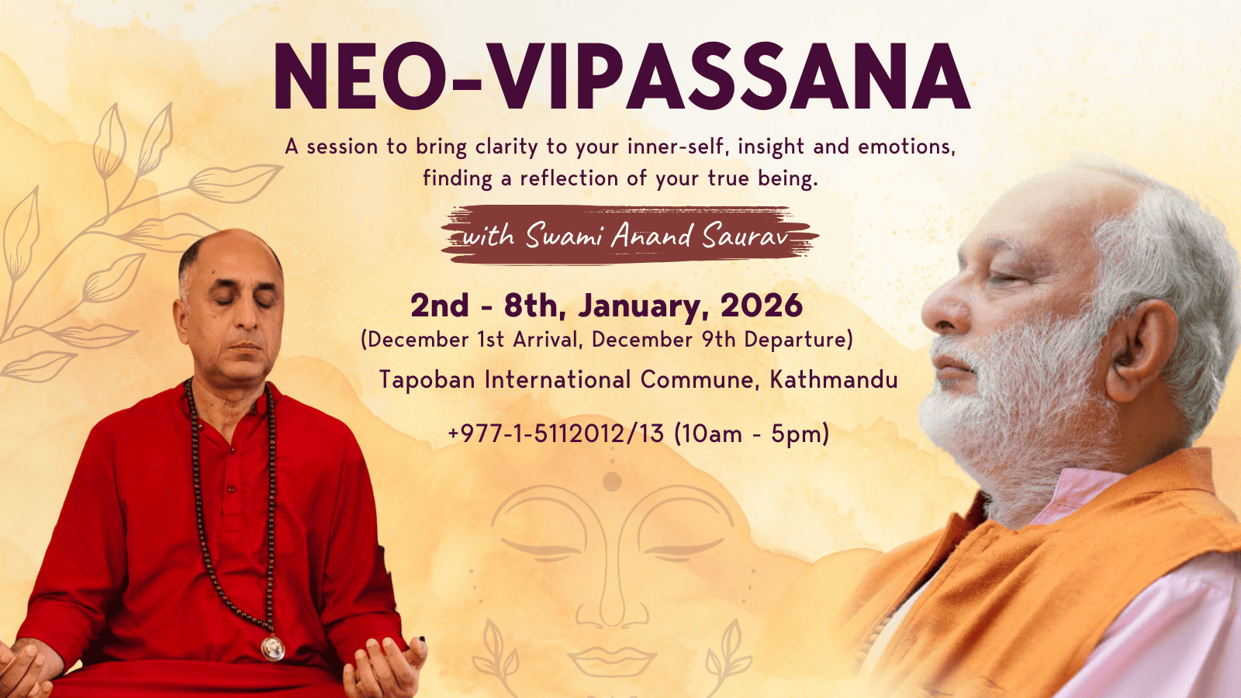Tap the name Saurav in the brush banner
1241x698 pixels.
point(745,236)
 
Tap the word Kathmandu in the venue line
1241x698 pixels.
point(834,379)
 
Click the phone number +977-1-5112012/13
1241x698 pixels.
point(555,434)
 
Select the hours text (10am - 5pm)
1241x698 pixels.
point(752,434)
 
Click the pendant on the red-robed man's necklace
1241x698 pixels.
point(273,648)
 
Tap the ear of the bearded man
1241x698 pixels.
point(1141,350)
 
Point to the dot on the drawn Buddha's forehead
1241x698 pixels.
point(612,482)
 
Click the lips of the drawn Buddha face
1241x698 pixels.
point(612,660)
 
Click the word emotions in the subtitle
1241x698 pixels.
point(907,147)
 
